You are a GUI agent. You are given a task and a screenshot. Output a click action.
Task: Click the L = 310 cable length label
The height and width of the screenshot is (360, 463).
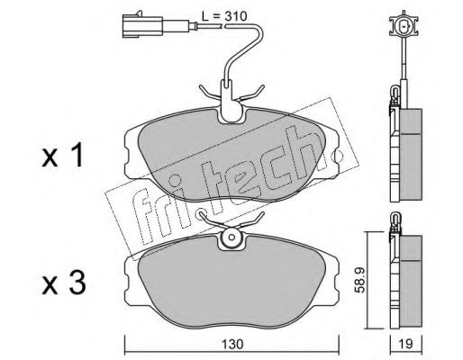pos(224,16)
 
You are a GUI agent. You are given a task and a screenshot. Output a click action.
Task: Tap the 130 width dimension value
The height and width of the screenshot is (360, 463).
pos(231,344)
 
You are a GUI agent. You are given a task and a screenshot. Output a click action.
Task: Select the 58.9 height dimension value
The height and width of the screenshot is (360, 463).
pos(359,280)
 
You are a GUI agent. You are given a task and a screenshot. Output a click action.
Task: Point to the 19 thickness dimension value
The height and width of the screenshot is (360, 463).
pos(405,344)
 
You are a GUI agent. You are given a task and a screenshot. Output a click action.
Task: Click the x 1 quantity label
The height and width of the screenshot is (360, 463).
pos(62,156)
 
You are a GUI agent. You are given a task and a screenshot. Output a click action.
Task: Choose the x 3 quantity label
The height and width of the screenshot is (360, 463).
pos(64,283)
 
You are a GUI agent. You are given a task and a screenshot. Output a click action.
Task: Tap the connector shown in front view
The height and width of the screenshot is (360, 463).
pos(404,27)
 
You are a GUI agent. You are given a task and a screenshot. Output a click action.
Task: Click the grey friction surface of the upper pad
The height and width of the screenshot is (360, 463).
pos(231,156)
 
